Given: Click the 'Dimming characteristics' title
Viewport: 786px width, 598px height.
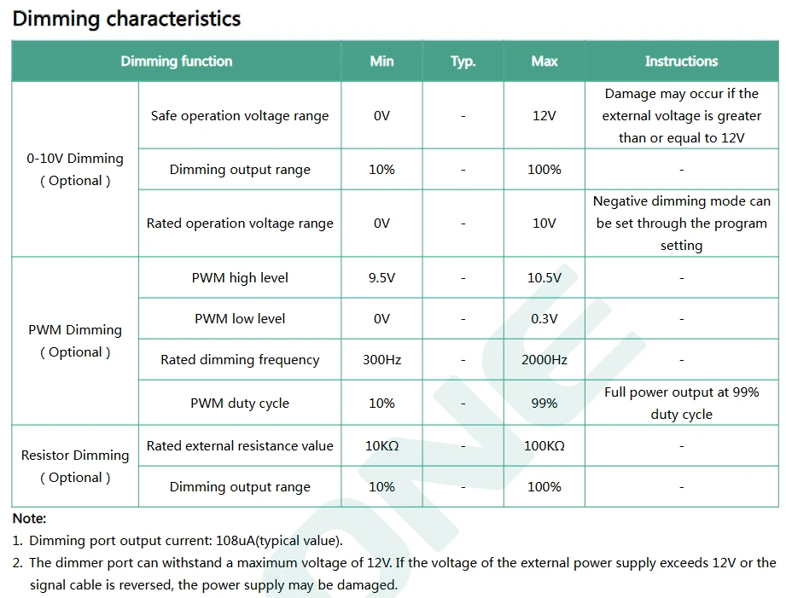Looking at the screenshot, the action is (126, 19).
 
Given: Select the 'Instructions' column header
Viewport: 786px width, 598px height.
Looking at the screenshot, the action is (681, 61).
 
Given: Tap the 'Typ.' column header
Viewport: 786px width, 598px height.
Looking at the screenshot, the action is (463, 61).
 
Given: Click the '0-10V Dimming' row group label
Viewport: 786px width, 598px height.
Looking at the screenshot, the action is (75, 159).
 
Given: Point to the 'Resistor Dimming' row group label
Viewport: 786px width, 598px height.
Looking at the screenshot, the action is (75, 456).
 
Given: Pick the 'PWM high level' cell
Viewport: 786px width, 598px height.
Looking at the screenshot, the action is (240, 278).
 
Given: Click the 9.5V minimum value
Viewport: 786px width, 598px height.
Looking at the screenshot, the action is (381, 278).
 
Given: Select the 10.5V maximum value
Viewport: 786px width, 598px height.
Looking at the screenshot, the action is (544, 278).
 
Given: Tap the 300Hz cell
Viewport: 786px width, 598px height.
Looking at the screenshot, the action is (381, 360).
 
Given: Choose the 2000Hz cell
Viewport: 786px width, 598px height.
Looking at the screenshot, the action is (544, 360).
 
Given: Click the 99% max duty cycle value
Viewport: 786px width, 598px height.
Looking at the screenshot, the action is (544, 403).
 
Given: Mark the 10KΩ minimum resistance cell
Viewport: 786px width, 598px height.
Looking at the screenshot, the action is (381, 445).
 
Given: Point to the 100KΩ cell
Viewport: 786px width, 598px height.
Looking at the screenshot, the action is (544, 445).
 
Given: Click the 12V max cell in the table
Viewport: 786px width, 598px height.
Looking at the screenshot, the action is (544, 116).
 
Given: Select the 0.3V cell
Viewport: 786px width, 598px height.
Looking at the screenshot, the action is (544, 319).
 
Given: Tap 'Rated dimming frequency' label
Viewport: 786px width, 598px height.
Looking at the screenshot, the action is (240, 360).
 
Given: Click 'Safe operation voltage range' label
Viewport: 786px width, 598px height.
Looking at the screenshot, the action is (240, 116).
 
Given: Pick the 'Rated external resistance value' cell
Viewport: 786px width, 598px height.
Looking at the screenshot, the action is (240, 445).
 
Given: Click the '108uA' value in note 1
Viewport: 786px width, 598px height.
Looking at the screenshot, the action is (235, 540).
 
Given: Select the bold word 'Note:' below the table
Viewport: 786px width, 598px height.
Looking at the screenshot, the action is (29, 519).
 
